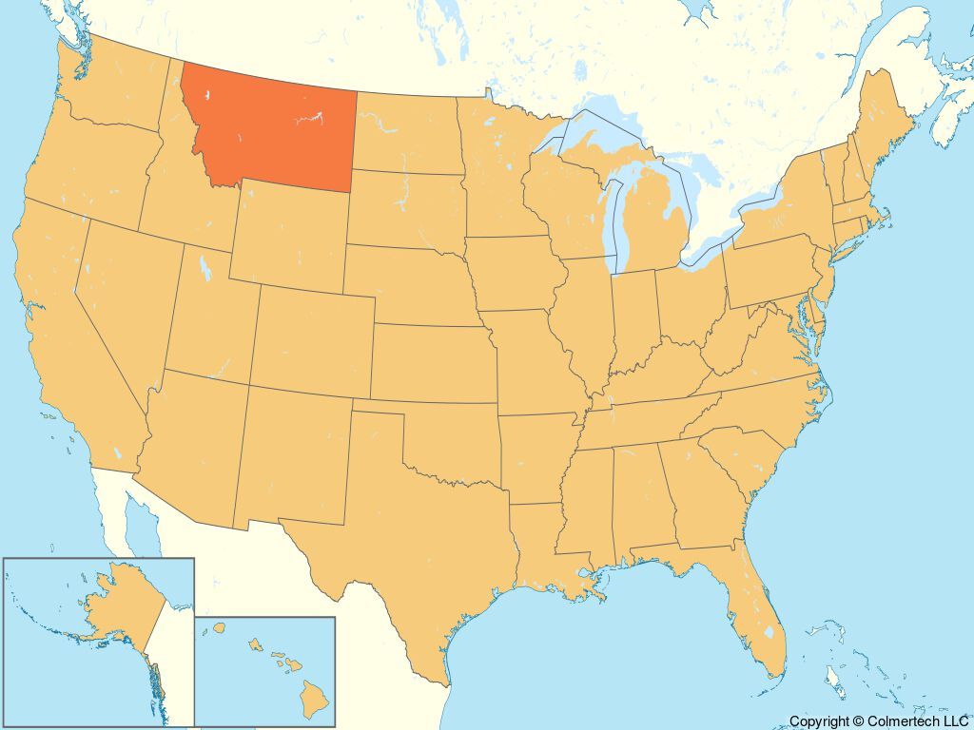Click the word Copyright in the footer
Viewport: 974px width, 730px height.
pos(818,722)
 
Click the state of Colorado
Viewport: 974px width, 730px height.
pos(314,337)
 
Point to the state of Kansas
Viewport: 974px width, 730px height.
pos(433,361)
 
